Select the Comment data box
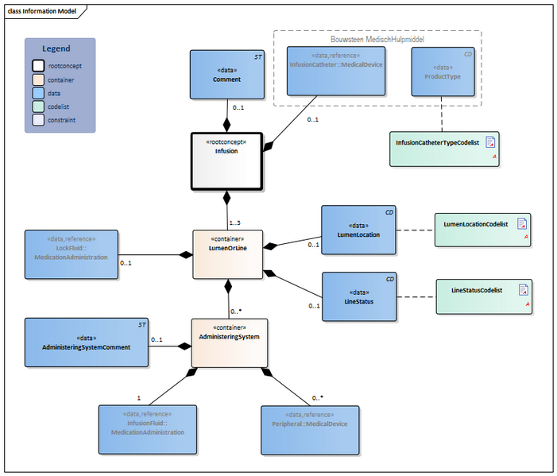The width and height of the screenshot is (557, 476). [226, 75]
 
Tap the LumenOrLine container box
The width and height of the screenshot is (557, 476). [227, 254]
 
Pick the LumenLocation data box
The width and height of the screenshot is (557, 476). [358, 230]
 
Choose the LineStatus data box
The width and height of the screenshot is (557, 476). [358, 296]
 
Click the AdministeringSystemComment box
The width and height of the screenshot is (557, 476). [86, 342]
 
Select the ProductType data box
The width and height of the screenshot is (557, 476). [443, 72]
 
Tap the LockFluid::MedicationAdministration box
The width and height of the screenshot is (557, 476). [71, 253]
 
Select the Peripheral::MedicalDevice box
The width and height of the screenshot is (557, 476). [310, 428]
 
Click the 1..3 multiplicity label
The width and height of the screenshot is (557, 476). [236, 223]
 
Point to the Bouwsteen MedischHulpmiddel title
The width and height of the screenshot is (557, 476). [377, 38]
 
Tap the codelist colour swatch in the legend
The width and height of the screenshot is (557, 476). [38, 106]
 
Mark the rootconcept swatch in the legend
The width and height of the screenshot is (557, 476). [38, 66]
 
